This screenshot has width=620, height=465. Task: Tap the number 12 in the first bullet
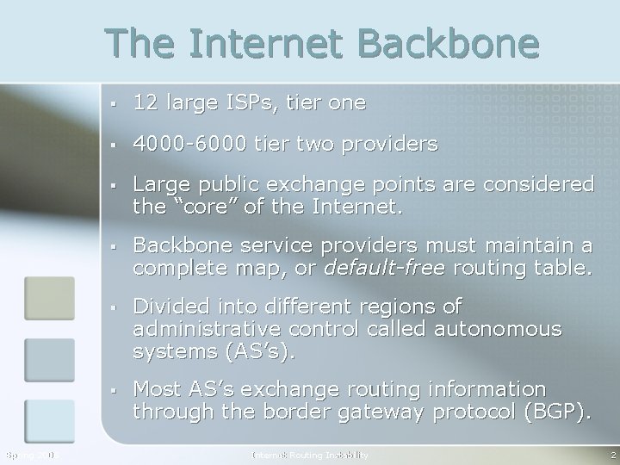[x=144, y=103]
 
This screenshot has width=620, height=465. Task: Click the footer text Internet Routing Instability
[x=309, y=455]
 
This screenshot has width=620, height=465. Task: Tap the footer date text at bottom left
[x=30, y=455]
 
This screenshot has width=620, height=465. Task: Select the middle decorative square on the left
[x=50, y=359]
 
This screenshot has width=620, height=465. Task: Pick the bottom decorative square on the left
[x=50, y=421]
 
